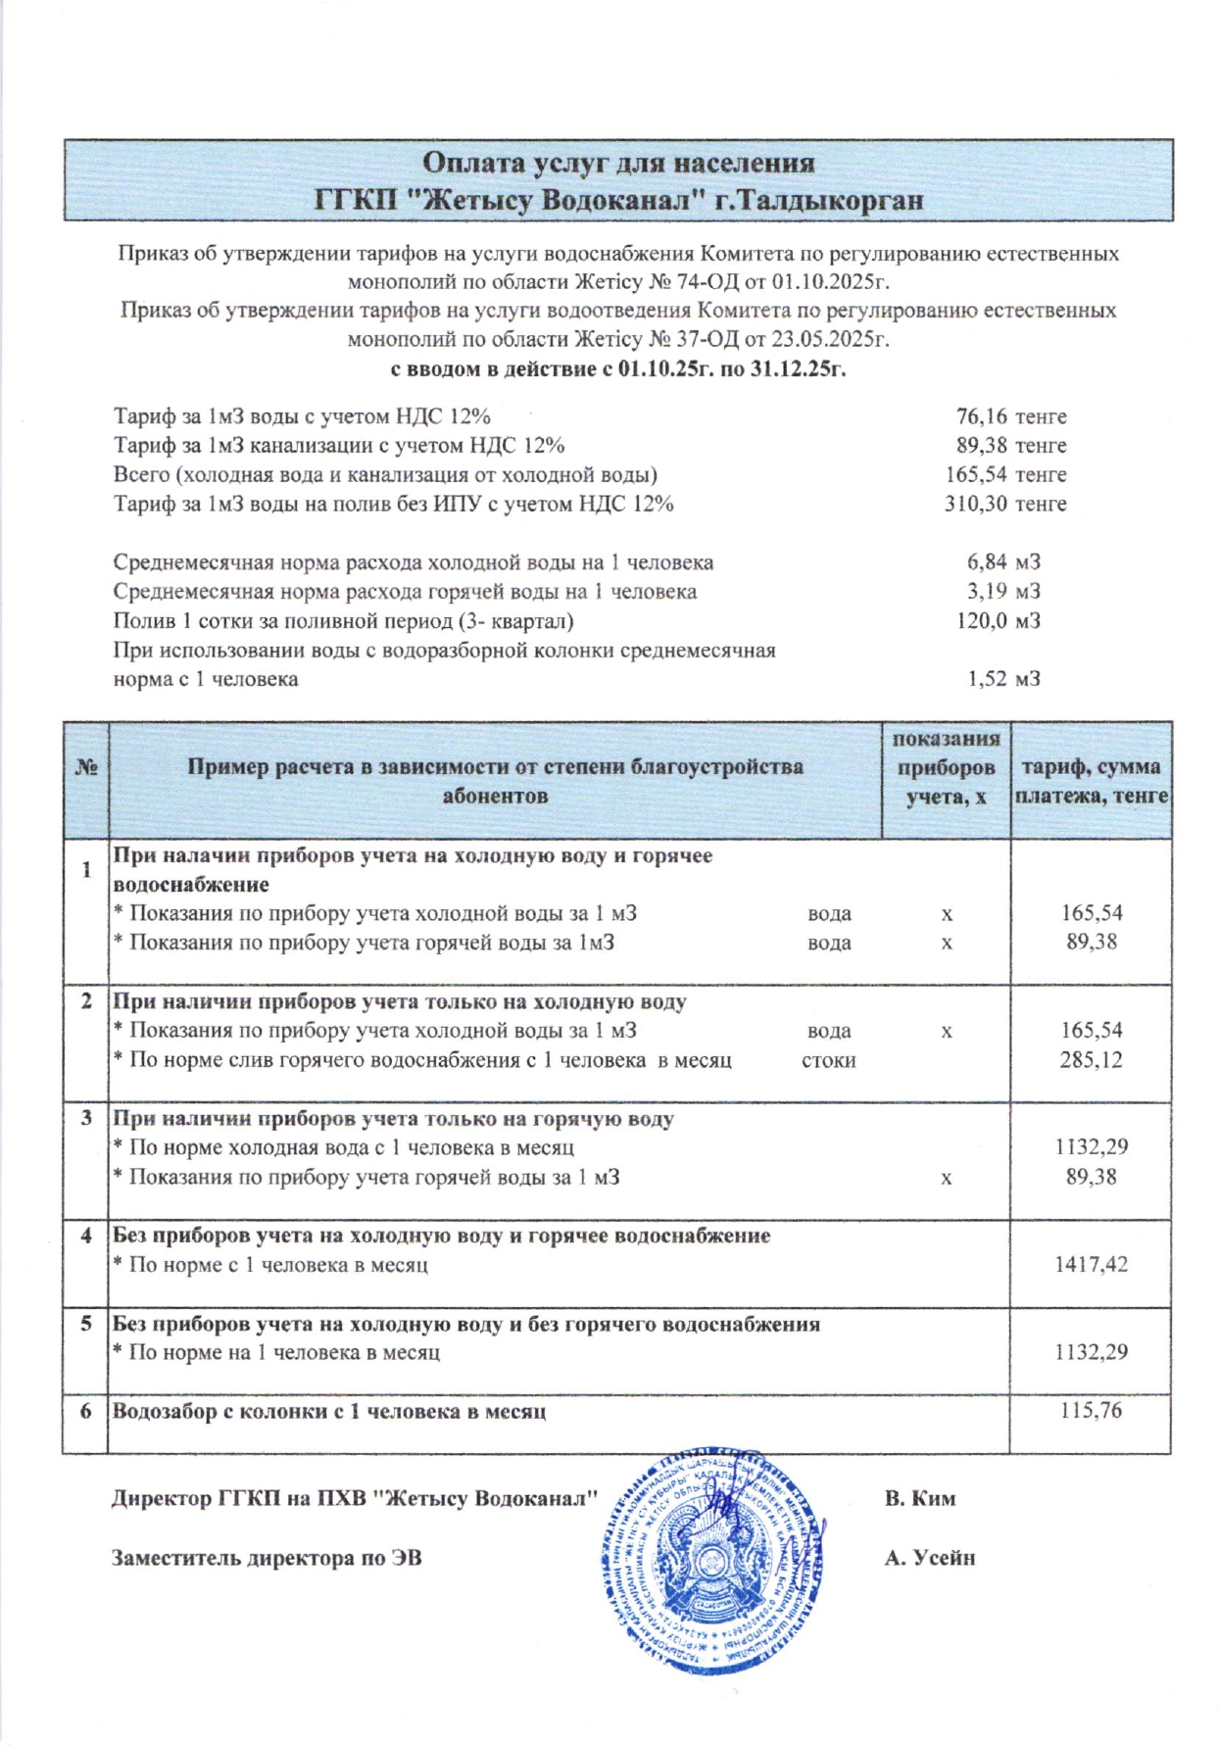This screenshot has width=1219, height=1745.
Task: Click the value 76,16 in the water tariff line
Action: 981,416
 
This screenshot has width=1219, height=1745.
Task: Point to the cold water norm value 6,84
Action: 987,562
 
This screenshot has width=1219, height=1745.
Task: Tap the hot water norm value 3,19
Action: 987,592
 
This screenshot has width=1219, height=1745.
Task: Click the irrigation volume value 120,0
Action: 982,621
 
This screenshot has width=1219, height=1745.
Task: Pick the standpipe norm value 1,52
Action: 987,679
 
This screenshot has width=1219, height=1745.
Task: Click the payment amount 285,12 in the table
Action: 1091,1060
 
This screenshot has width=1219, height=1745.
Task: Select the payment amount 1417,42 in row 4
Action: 1091,1265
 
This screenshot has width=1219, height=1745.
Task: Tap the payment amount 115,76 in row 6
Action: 1091,1411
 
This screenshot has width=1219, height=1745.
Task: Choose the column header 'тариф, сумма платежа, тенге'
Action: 1091,781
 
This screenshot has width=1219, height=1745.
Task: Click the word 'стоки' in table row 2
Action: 828,1060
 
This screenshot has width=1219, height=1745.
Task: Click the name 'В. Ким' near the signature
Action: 919,1498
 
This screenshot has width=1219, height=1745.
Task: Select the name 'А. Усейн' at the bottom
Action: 929,1557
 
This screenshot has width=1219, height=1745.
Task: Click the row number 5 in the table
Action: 86,1324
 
